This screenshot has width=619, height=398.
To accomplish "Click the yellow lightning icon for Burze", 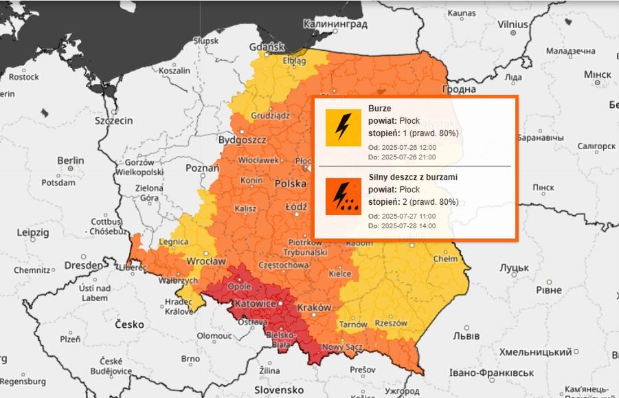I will click(343, 127).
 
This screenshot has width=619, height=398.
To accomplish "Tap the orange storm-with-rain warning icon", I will click(343, 196).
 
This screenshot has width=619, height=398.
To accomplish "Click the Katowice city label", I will click(256, 303).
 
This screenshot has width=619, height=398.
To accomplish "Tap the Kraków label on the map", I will click(315, 307).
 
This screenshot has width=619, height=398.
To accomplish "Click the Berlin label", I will click(70, 160).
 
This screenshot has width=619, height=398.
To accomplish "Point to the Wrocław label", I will click(206, 262).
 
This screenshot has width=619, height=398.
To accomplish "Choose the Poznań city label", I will click(202, 168).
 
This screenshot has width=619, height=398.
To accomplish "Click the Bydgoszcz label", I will click(242, 140).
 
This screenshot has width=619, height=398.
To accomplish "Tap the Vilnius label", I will click(513, 24).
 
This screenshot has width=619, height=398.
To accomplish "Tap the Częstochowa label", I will click(284, 265).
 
